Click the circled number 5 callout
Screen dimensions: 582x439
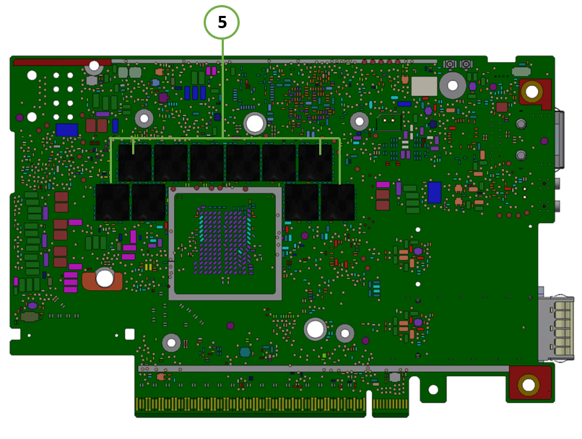222,22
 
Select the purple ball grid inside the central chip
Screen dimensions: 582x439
223,241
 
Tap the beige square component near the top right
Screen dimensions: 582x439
424,86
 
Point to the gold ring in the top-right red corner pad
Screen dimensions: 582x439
531,91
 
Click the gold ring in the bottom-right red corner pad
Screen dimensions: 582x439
528,385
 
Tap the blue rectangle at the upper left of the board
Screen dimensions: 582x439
67,130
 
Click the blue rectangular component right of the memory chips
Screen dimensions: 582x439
434,193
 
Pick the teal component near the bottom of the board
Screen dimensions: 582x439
245,352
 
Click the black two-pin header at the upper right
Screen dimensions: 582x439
388,122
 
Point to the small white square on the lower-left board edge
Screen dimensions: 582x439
129,334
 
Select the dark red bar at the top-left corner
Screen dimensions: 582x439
62,62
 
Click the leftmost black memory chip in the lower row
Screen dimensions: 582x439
113,202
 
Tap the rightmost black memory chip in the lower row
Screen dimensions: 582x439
337,202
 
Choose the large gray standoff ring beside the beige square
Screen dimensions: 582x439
453,85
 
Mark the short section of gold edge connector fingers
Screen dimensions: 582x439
390,404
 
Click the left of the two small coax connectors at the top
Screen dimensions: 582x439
449,64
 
